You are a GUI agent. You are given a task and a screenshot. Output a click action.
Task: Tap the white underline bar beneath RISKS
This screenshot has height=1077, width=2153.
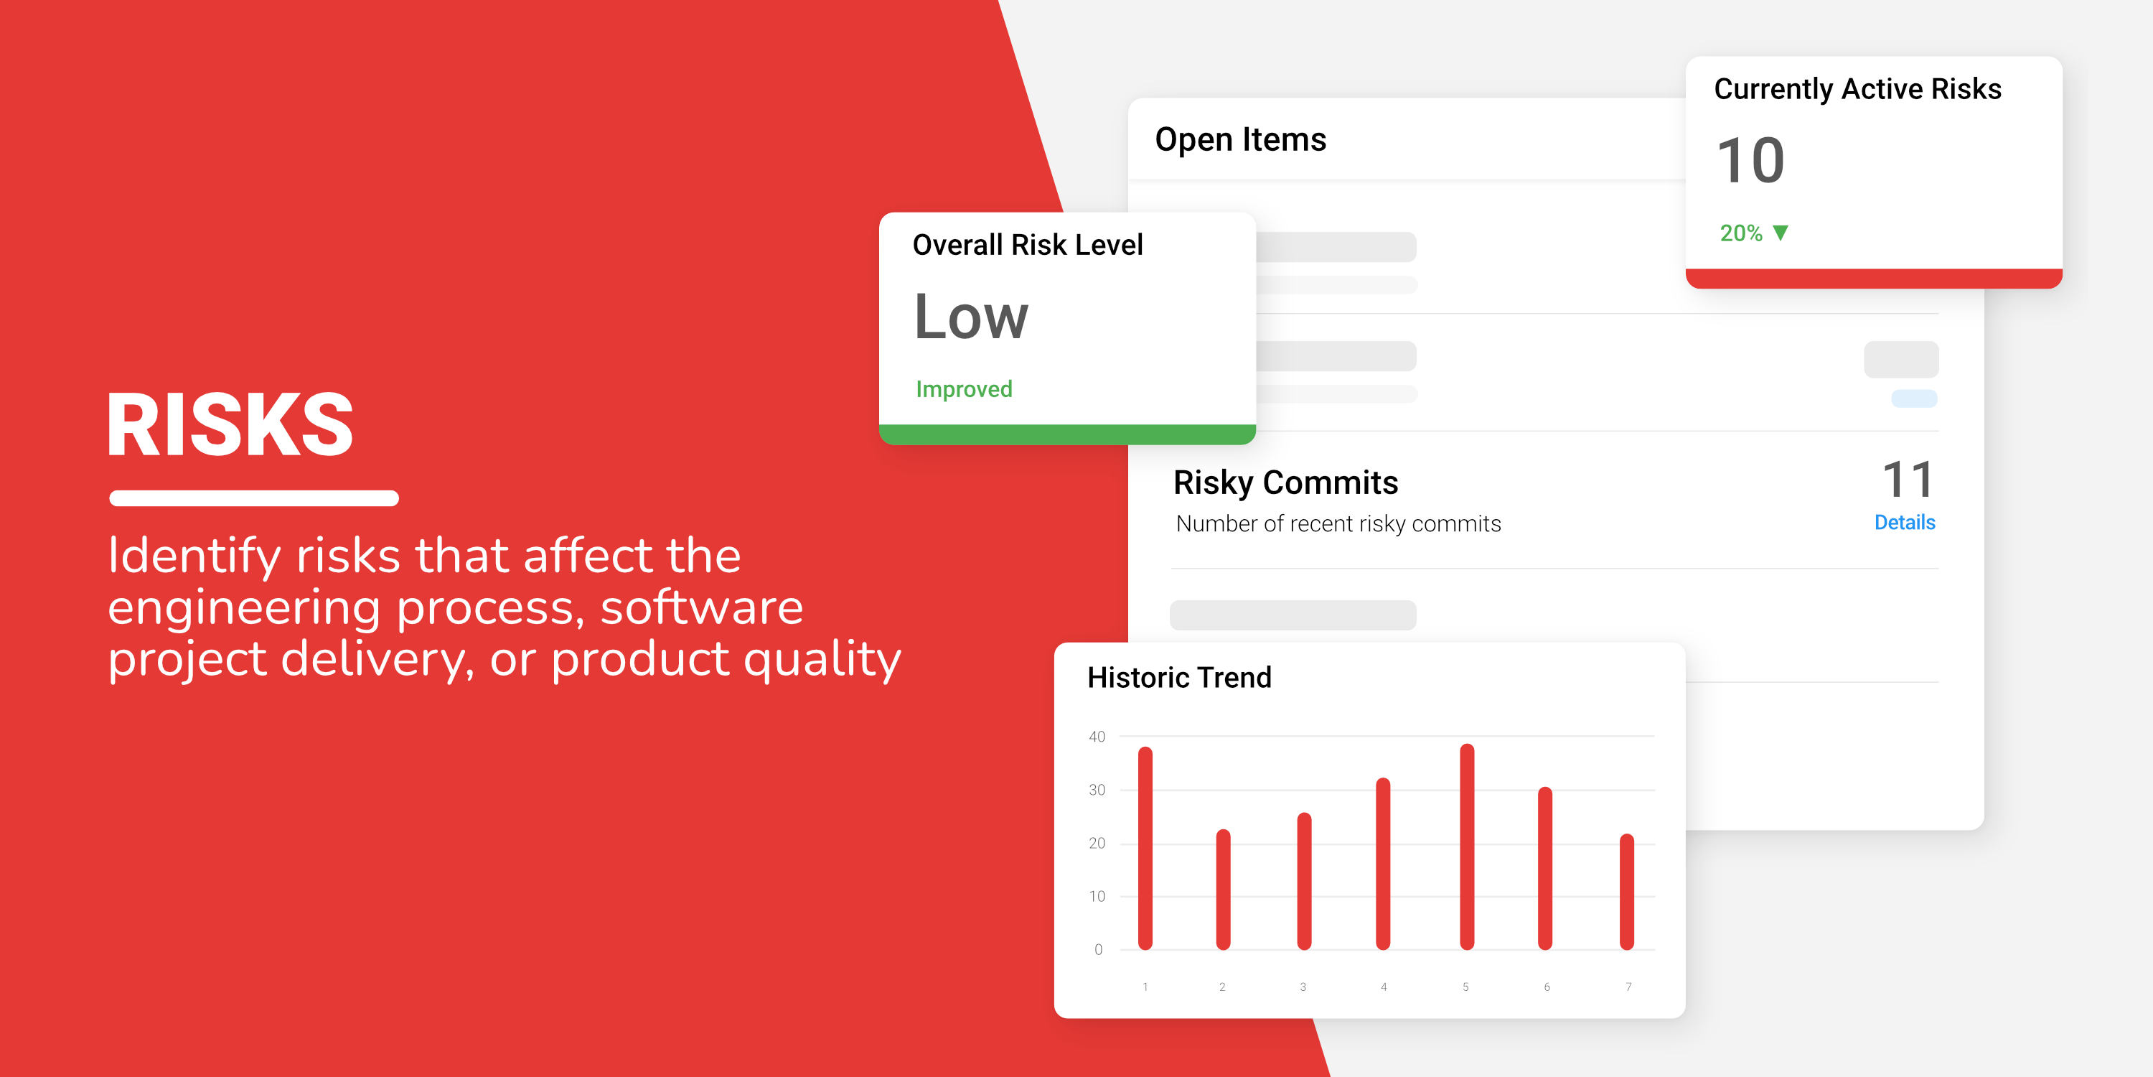(x=254, y=498)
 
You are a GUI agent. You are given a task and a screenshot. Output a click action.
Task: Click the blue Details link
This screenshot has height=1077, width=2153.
(x=1905, y=523)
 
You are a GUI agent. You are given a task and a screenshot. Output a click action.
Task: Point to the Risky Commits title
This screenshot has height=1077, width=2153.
(x=1285, y=482)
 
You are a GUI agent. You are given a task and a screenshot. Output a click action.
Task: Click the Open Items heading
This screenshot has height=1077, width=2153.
(x=1240, y=139)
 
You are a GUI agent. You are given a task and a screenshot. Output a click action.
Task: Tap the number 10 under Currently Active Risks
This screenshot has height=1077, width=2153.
(x=1750, y=161)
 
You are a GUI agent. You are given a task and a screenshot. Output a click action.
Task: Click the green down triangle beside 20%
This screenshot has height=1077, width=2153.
(x=1781, y=233)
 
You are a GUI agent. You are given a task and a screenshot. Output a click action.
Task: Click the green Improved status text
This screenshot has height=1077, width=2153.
(x=964, y=389)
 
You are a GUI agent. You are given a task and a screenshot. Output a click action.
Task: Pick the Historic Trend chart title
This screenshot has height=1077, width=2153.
(x=1179, y=677)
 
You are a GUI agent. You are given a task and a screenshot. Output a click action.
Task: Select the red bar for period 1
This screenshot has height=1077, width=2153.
(x=1145, y=848)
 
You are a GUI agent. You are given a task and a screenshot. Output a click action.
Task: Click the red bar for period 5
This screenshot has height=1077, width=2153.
(x=1467, y=847)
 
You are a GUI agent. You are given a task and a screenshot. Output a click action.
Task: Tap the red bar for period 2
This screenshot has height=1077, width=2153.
(x=1224, y=890)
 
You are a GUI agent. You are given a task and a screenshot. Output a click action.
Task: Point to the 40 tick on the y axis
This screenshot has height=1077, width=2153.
(x=1097, y=737)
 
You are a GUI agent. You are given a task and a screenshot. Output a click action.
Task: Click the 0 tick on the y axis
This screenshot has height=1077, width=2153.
(x=1098, y=949)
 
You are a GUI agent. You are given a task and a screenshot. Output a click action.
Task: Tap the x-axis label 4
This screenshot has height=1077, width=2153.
(x=1384, y=987)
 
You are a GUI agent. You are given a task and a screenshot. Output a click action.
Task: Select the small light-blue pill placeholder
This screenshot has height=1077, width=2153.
(x=1914, y=399)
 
